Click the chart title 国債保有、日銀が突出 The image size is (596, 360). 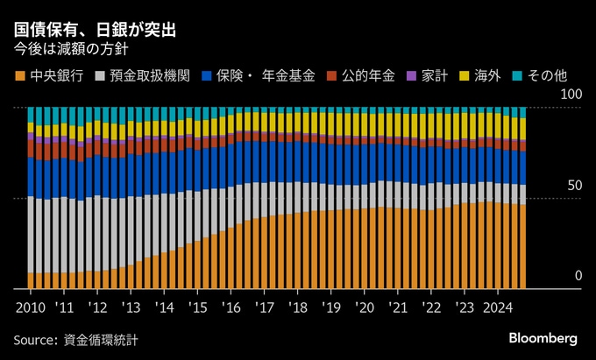point(95,30)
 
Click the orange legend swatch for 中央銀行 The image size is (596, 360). point(21,76)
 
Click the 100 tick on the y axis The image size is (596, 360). point(571,94)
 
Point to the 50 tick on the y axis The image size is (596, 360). point(574,186)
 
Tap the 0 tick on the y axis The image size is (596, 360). point(578,277)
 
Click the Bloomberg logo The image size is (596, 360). point(543,338)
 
